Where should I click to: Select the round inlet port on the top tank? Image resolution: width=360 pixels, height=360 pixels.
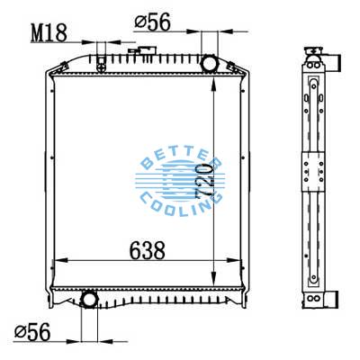click(210, 65)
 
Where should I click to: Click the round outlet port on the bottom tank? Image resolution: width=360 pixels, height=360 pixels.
click(91, 299)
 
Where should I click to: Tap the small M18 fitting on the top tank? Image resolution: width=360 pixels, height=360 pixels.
click(101, 62)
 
